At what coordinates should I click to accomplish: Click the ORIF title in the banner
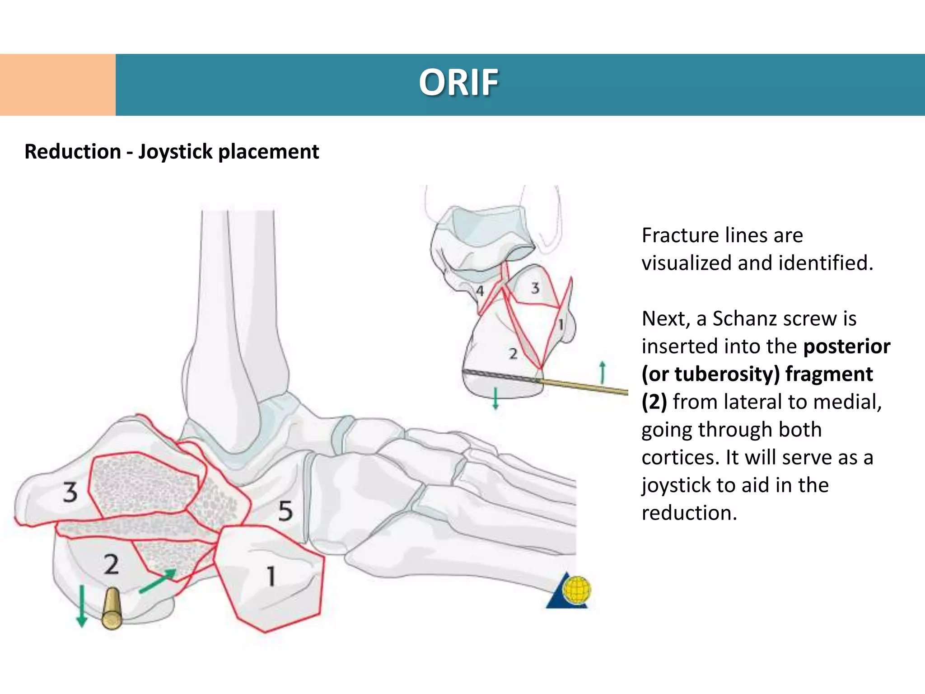tap(458, 83)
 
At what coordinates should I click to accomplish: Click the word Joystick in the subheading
tap(175, 152)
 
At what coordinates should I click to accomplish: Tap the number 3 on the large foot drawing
tap(70, 492)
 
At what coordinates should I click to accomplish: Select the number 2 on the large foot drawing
tap(111, 564)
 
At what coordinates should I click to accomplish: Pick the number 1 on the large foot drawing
tap(271, 577)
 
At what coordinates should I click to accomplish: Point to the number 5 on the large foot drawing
tap(285, 511)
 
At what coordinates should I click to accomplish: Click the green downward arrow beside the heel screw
tap(82, 606)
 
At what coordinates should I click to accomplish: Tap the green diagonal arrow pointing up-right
tap(158, 581)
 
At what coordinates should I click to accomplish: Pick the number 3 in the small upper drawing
tap(535, 288)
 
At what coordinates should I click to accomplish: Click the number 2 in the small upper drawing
tap(513, 354)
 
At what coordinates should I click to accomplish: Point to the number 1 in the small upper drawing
tap(561, 324)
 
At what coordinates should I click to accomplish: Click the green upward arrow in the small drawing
tap(602, 372)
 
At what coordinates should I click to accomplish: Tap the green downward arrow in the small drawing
tap(495, 398)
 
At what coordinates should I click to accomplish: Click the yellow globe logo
tap(577, 590)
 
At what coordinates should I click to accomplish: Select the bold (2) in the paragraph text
tap(654, 402)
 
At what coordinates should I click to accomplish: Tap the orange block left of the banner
tap(58, 85)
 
